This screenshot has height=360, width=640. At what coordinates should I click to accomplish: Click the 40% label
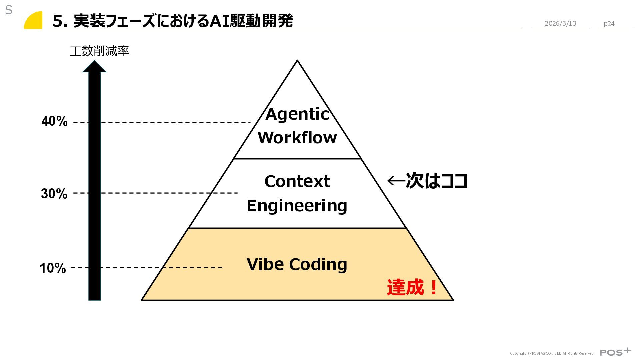coord(55,121)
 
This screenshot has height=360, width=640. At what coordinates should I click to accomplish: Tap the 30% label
coord(54,194)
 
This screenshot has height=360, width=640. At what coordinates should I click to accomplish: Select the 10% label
coord(53,268)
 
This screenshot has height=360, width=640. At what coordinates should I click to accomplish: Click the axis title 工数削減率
coord(99,51)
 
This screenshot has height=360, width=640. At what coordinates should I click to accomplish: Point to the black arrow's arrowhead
coord(94,66)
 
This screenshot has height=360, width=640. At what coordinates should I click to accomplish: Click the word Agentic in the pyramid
coord(297,114)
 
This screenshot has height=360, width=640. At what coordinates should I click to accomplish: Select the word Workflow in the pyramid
coord(297,138)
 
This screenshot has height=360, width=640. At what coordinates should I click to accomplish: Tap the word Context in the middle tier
coord(297,182)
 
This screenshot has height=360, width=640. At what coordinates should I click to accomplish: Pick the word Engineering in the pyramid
coord(297,206)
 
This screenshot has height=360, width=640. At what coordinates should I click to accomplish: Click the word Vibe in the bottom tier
coord(265,264)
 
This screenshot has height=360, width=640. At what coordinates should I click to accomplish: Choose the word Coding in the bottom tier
coord(318,264)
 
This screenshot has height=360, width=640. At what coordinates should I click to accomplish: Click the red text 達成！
coord(412,287)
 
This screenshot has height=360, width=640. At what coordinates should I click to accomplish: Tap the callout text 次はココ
coord(436,181)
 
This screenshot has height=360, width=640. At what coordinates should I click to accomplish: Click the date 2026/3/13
coord(560,23)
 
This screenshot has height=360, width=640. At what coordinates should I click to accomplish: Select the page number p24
coord(609,24)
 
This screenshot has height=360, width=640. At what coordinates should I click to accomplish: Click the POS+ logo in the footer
coord(615,352)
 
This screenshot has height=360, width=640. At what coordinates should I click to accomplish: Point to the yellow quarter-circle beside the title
coord(34,21)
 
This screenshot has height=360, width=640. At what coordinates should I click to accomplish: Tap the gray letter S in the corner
coord(9,10)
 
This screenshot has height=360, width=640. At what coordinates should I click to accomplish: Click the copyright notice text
coord(552,353)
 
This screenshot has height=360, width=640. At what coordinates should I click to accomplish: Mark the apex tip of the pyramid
coord(297,61)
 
